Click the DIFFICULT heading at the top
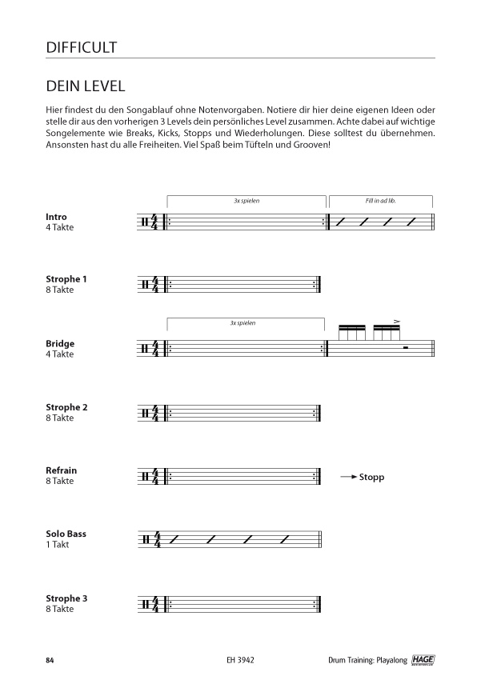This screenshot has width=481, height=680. click(82, 47)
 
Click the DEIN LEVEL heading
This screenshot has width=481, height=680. click(85, 86)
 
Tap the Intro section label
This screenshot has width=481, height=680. click(57, 217)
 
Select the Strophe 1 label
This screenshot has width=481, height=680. click(66, 279)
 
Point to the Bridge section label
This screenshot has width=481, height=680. click(60, 344)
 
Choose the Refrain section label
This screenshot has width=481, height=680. click(62, 470)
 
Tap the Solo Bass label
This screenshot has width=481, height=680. click(66, 534)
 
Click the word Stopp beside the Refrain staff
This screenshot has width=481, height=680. click(372, 478)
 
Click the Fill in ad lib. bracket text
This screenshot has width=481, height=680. click(380, 201)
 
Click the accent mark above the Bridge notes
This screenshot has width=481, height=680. click(396, 321)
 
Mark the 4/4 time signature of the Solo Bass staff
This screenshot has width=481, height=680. click(157, 540)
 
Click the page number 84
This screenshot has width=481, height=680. click(50, 660)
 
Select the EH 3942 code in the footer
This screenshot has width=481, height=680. click(239, 660)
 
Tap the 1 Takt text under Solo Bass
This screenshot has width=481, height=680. click(59, 544)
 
